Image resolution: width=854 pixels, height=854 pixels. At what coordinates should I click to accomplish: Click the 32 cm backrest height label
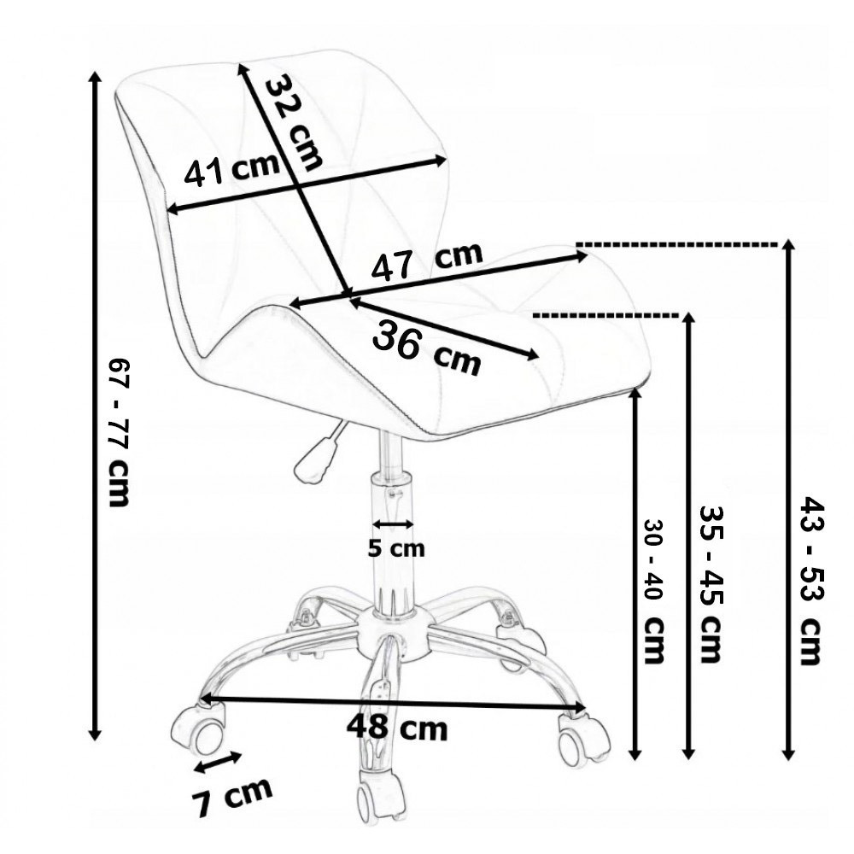pos(294,120)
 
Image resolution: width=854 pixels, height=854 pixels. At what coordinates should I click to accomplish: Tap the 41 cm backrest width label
pos(231,170)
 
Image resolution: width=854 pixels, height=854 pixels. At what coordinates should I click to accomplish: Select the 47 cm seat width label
pos(426,262)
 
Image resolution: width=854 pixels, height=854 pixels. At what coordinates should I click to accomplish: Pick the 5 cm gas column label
pos(395,548)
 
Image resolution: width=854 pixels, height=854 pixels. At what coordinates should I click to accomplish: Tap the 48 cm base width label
pos(397,728)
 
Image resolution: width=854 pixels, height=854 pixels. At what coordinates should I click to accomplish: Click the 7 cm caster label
pos(231,796)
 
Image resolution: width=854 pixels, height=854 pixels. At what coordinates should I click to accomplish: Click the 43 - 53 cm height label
pos(810,581)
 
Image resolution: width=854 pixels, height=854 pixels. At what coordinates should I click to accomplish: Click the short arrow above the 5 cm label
pos(394,524)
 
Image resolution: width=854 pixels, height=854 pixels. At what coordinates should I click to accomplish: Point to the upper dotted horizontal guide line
pos(679,244)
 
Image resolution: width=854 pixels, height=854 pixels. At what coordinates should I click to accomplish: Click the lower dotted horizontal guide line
pos(606,315)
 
